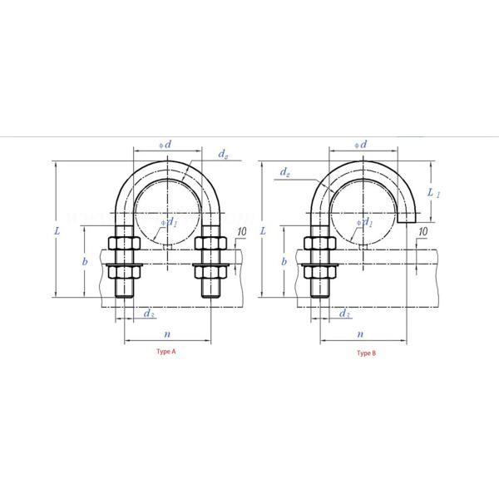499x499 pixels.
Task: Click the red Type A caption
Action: tap(166, 352)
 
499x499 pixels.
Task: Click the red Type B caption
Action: tap(366, 353)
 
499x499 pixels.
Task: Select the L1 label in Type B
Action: tap(432, 192)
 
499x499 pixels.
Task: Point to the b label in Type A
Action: tap(86, 261)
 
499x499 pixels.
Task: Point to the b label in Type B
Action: tap(284, 261)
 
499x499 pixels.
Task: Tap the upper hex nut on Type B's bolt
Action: tap(318, 245)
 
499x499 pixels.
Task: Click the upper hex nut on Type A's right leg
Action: tap(209, 245)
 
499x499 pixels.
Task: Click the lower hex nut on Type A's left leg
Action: tap(124, 271)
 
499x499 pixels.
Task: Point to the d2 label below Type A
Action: tap(147, 313)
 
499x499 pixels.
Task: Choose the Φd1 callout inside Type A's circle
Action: tap(170, 222)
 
